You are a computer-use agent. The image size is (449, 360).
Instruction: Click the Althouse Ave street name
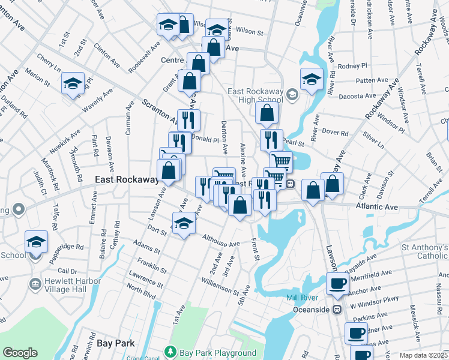[x=221, y=241]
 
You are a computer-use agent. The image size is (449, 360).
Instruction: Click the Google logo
[x=20, y=353]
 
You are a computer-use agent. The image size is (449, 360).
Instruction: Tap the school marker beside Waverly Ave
[x=73, y=83]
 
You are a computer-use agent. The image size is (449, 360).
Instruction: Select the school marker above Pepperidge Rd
[x=36, y=242]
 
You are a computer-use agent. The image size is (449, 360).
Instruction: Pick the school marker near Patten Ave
[x=312, y=79]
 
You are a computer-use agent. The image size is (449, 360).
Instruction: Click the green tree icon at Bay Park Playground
[x=170, y=351]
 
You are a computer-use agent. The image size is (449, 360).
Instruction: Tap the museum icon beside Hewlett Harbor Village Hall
[x=34, y=283]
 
